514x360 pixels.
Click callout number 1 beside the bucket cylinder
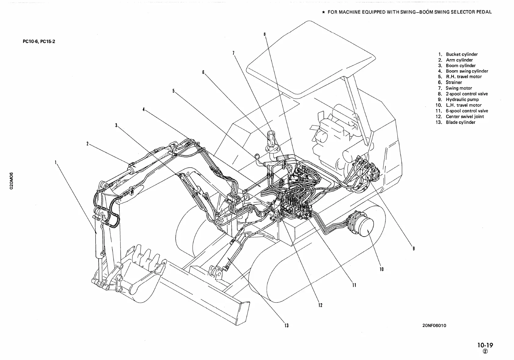pos(55,162)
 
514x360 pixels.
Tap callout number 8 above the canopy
pos(265,34)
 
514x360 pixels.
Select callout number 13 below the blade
pos(286,325)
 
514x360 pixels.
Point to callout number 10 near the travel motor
pos(381,269)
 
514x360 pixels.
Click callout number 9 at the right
pos(413,249)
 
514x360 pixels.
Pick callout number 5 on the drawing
pos(173,91)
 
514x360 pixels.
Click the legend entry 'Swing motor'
pos(459,88)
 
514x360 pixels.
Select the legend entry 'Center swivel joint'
pos(465,116)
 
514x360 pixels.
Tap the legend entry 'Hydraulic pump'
pos(462,99)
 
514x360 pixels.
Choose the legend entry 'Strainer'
pos(454,82)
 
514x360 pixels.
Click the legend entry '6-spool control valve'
pos(467,111)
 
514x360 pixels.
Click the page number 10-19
pos(485,345)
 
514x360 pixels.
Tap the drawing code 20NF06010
pos(434,325)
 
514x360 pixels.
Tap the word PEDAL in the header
pos(484,12)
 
